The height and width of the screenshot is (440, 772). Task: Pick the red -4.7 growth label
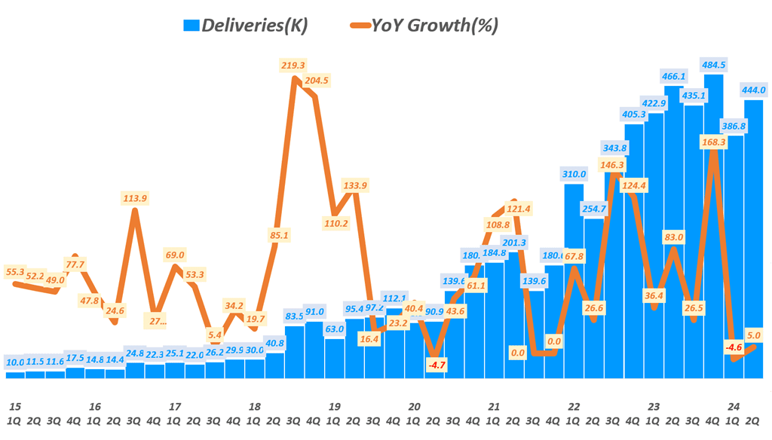click(x=437, y=365)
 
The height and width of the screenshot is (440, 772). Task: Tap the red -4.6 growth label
click(x=733, y=348)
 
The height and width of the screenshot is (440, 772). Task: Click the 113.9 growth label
click(x=134, y=198)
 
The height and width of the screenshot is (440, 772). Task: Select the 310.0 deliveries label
click(x=574, y=174)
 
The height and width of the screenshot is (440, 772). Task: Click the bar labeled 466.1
click(x=673, y=226)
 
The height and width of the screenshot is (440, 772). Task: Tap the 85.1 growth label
click(x=278, y=235)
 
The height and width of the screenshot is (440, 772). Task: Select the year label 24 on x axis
click(x=733, y=406)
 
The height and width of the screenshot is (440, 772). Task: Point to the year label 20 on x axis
click(x=414, y=406)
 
